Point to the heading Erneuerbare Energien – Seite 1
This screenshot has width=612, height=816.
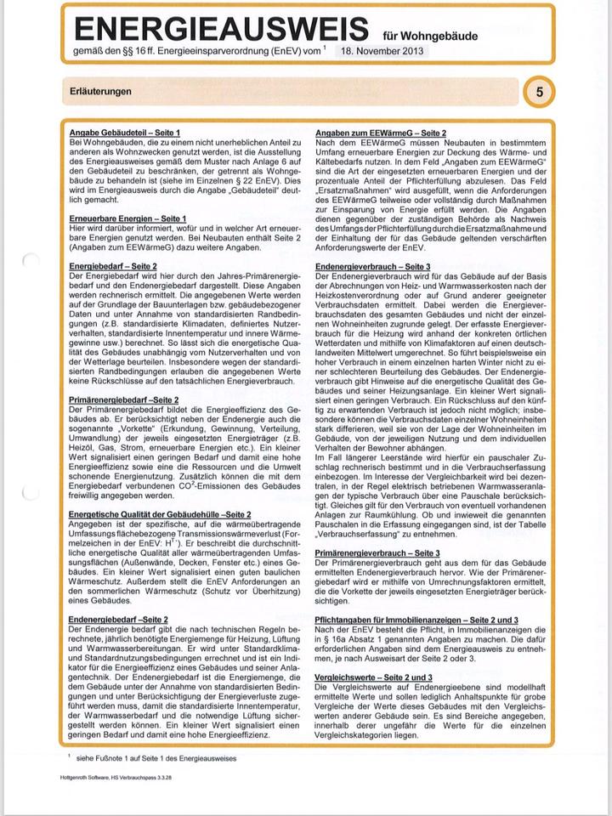click(x=127, y=219)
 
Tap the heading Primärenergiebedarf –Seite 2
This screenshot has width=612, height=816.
click(x=124, y=399)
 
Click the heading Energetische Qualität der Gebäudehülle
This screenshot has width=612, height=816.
click(x=159, y=515)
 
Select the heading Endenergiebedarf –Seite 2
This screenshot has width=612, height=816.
click(x=118, y=620)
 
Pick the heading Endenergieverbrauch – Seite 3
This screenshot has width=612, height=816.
click(x=372, y=267)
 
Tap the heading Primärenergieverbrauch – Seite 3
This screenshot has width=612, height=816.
click(x=377, y=553)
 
